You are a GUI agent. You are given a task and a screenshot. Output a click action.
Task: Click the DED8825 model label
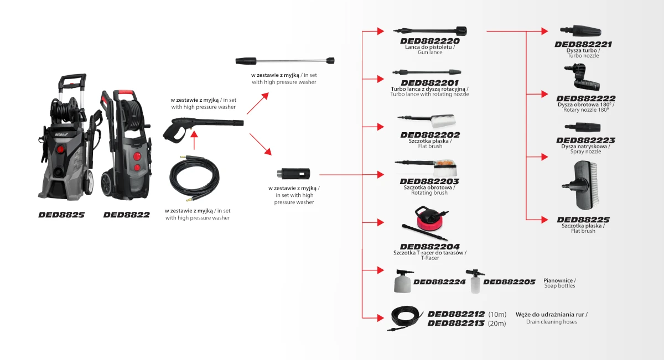[61, 215]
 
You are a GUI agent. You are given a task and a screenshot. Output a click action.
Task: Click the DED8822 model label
[126, 215]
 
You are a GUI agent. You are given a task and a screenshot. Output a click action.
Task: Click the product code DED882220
[430, 41]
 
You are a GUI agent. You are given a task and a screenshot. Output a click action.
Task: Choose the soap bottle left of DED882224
[402, 280]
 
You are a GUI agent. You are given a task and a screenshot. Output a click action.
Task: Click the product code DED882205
[509, 282]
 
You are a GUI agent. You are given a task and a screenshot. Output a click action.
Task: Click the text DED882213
[456, 323]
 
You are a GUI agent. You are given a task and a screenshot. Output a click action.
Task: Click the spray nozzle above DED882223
[584, 127]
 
